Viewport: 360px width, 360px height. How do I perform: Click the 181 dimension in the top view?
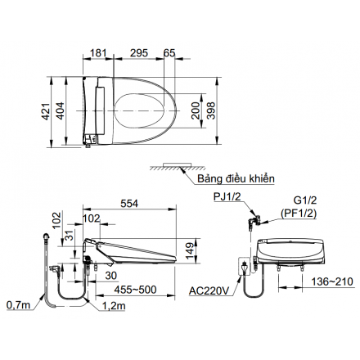click(98, 53)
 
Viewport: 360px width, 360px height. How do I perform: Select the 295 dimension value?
click(139, 53)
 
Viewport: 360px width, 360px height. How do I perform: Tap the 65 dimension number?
click(169, 53)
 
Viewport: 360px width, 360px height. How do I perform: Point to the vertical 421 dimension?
click(46, 111)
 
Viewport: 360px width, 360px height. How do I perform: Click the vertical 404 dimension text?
click(60, 110)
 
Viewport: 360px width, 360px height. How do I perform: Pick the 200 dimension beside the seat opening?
click(196, 110)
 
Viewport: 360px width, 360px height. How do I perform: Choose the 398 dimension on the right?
click(211, 110)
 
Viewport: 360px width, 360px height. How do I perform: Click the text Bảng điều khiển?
click(236, 179)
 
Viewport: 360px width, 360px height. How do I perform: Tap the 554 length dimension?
click(129, 204)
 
